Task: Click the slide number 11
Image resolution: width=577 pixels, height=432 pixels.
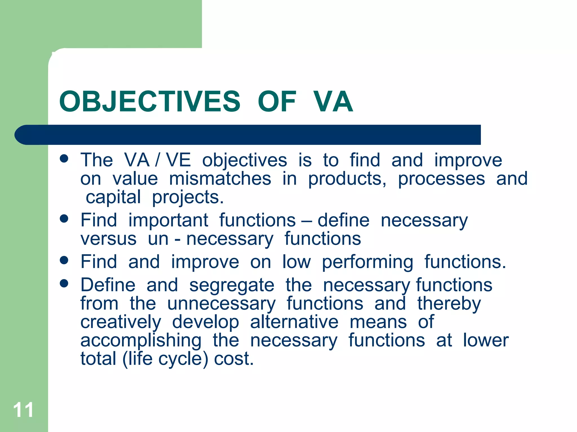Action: click(23, 410)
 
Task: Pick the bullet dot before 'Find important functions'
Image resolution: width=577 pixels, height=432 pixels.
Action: click(64, 219)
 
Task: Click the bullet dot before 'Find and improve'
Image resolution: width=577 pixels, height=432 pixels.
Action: click(64, 260)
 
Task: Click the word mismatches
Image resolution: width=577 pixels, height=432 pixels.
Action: click(220, 179)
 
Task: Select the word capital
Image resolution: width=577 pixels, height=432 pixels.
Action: click(113, 197)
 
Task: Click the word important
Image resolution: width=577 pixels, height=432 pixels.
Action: click(168, 220)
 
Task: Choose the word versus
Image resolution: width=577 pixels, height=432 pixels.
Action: click(108, 239)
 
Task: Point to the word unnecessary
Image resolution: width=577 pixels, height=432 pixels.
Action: click(221, 304)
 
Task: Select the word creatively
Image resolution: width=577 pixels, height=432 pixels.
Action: click(121, 322)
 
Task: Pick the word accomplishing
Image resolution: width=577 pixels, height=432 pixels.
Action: click(141, 341)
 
